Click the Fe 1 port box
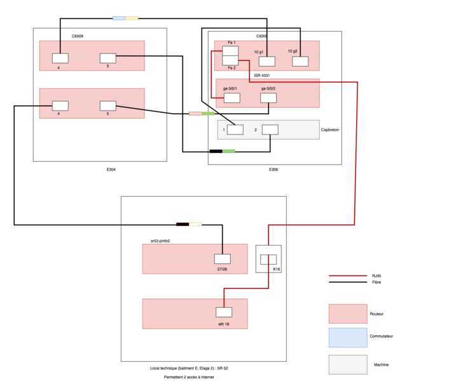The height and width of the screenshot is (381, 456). point(230,51)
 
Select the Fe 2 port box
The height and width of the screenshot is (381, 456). point(230,60)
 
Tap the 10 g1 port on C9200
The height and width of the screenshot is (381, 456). point(266,62)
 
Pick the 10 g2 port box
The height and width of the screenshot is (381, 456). point(300,62)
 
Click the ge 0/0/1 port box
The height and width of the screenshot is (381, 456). point(231,98)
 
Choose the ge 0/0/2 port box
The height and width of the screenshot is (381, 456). point(268,98)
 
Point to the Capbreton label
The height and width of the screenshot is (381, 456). point(330,130)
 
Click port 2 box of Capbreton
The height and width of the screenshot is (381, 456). point(270,130)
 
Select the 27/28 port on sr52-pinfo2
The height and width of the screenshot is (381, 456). point(222,259)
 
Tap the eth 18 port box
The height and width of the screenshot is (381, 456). point(224,312)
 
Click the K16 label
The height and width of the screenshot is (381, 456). point(276,269)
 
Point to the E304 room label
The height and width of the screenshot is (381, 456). point(111,170)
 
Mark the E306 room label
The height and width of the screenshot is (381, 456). point(273,170)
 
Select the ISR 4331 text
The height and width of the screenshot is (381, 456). point(262,75)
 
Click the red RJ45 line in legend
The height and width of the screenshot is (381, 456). point(348,276)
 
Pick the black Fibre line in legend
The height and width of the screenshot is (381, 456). point(348,282)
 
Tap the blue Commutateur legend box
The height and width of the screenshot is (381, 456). point(348,338)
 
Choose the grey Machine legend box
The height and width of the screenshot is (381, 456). point(348,364)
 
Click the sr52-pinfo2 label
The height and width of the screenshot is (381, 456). point(160,241)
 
